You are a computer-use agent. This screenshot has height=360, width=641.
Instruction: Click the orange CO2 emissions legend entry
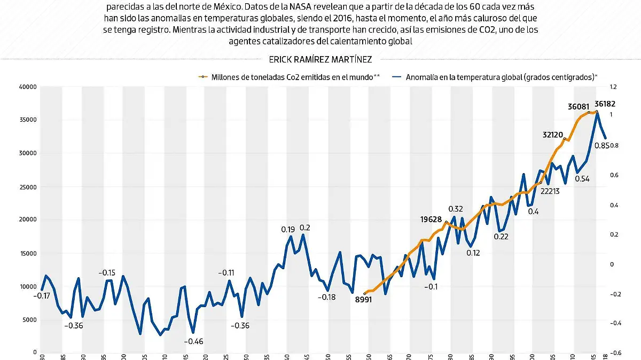288,77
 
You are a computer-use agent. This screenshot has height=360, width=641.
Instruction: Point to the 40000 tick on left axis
27,87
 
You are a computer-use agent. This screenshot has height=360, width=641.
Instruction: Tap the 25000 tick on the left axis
27,186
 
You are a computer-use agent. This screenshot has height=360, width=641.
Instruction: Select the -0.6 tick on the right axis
613,352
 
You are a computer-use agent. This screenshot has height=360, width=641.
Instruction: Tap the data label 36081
579,106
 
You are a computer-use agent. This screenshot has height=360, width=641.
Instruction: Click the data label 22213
549,191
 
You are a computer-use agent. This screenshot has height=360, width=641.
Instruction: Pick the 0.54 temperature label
582,179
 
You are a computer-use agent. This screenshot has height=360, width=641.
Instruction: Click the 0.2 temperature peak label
305,228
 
